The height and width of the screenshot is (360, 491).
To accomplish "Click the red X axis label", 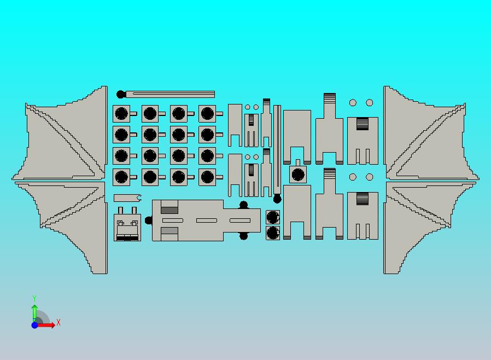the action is coord(59,322).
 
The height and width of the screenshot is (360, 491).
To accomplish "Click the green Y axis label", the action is coord(34,298).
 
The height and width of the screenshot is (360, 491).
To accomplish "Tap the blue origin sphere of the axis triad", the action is coord(35,325).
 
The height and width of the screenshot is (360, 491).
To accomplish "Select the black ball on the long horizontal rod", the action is coord(120,94).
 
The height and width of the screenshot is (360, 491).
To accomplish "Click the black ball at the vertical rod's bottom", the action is coord(277,199).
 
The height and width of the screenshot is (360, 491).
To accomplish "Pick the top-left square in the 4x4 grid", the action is coord(121,113).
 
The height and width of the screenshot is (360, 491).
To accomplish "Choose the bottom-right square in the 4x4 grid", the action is coord(207,177).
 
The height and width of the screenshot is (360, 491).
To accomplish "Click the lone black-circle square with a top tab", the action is coord(298,174).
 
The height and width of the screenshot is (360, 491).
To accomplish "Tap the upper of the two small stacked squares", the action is coord(273,217).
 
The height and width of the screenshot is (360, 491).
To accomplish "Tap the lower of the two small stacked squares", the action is coord(273,233).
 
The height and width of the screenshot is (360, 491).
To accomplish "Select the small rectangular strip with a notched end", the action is coord(127,198).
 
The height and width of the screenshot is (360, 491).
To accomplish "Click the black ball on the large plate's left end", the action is coord(149,220).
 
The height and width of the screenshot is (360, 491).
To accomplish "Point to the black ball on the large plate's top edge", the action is coord(244,205).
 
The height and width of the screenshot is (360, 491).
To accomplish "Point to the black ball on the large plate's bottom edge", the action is coord(244,236).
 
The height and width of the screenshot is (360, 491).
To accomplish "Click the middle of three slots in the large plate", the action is coord(207,220).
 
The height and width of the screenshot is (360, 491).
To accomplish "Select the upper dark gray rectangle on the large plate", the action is coord(169,210).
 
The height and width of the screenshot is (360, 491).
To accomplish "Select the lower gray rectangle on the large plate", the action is coord(169,231).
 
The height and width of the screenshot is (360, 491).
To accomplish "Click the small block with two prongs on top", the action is coord(127,224).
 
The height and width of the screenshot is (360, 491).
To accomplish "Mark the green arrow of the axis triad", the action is coord(35,313).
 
